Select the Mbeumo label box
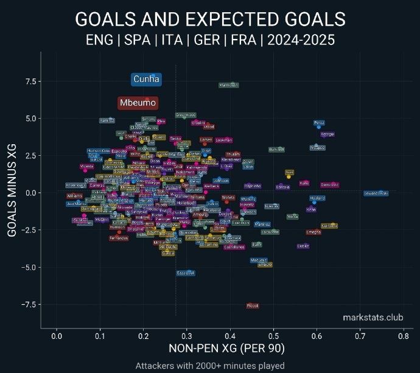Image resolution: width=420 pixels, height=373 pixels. coord(138,103)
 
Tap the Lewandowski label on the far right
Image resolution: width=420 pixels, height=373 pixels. coord(376,193)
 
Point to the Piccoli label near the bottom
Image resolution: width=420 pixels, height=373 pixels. coord(253,305)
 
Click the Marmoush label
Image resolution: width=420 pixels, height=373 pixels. coord(228,85)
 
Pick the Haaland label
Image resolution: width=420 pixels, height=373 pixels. coord(317,198)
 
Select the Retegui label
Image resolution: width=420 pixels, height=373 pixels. coord(327,134)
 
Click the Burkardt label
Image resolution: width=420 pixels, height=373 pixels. coord(276,150)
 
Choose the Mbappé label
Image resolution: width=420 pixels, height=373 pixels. coord(317,148)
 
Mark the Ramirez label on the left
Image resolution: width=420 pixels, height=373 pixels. coord(107,120)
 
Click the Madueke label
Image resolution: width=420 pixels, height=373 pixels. coord(259,260)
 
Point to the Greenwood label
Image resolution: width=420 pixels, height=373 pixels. coord(186,114)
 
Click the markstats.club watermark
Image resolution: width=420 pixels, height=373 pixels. coord(373,317)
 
